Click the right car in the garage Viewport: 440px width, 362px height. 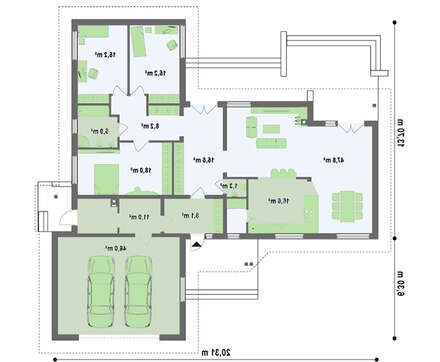click(x=140, y=286)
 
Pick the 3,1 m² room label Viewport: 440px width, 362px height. click(x=187, y=215)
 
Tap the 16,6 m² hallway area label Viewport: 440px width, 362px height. click(x=205, y=160)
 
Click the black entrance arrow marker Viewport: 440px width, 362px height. click(x=197, y=243)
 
